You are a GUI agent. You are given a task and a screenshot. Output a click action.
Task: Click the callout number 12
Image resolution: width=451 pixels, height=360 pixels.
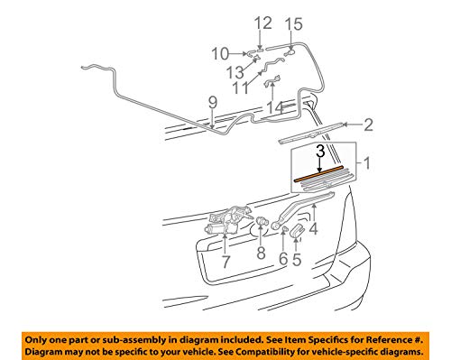click(x=262, y=23)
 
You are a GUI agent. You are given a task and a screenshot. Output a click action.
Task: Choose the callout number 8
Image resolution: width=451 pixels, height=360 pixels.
click(x=262, y=254)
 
